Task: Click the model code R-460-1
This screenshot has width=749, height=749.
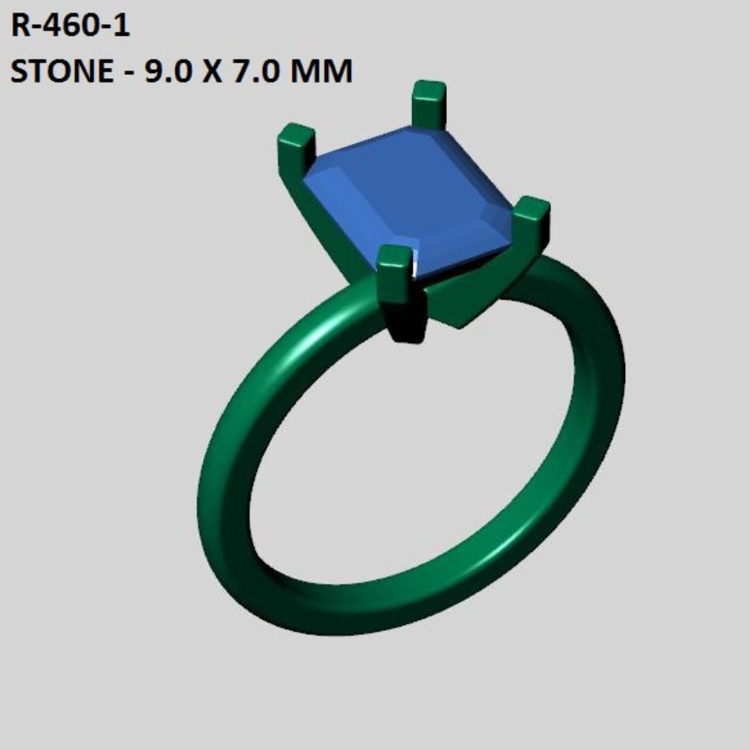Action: (70, 27)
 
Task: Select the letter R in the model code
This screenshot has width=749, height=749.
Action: (20, 27)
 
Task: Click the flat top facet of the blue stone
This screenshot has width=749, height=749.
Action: (416, 191)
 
